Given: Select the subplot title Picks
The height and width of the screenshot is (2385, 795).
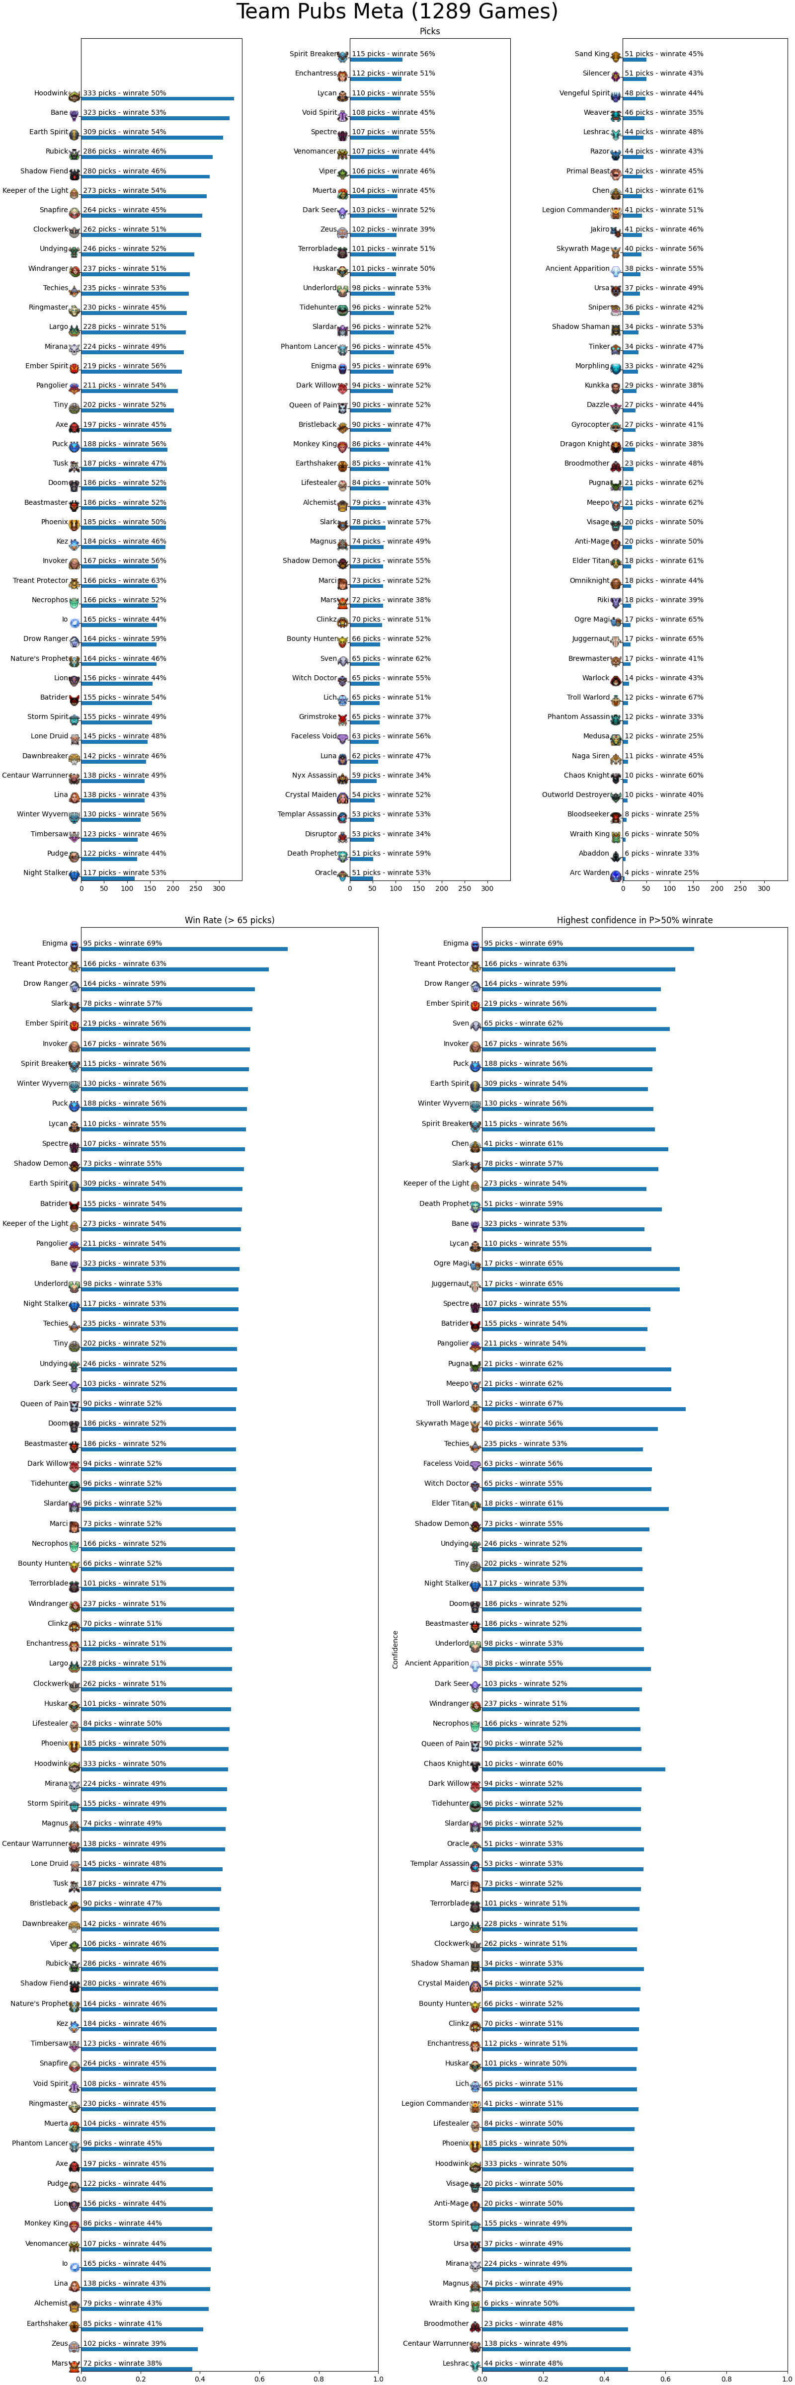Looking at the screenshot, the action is pos(429,31).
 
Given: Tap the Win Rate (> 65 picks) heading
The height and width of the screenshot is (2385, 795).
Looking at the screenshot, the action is pos(230,920).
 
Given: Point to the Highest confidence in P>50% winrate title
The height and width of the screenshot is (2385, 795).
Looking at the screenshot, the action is pos(635,920).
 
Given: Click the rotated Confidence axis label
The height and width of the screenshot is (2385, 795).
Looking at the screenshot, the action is pos(395,1649).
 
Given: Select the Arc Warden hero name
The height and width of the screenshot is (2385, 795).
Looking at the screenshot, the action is pos(589,872).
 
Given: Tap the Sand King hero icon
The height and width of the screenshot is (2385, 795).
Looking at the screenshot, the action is pos(616,56).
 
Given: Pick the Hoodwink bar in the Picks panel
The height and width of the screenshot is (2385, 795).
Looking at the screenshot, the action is pos(158,98).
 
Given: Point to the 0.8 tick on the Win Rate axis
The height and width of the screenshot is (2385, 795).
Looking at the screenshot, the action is pos(318,2377).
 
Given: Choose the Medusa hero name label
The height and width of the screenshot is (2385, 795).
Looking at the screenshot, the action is pos(596,736).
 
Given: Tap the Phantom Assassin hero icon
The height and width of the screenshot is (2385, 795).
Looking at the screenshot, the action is pos(616,718).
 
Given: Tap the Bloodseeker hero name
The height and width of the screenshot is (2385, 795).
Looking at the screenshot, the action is pos(589,814).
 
